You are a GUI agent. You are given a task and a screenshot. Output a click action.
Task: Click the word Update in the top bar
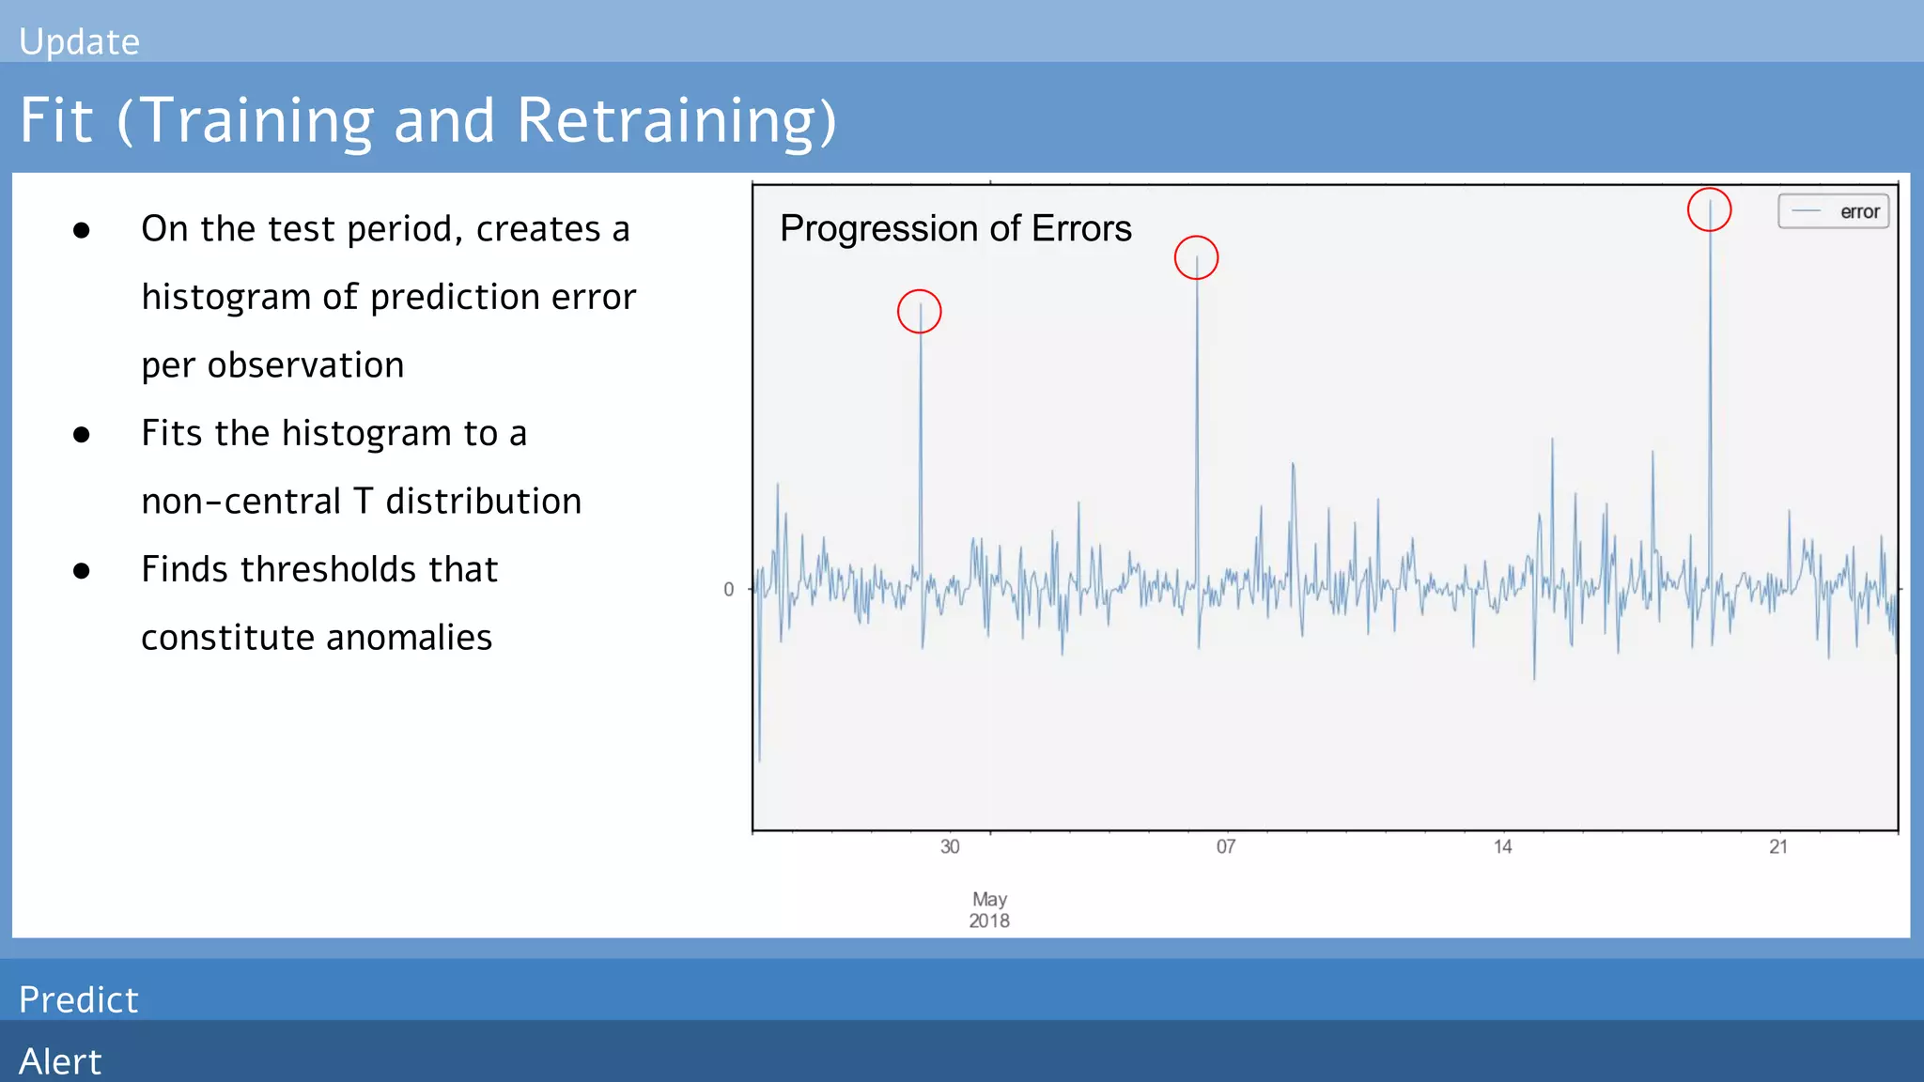[79, 42]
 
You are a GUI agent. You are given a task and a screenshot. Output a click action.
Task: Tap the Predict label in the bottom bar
[79, 1000]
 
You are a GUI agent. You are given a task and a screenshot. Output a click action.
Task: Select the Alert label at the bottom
[60, 1061]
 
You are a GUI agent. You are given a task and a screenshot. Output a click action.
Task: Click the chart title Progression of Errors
[955, 229]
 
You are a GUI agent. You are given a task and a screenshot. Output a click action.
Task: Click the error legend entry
[1834, 211]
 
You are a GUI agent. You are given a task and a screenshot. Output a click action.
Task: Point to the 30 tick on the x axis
[950, 847]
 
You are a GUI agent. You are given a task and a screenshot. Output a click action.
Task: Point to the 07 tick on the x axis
[1225, 847]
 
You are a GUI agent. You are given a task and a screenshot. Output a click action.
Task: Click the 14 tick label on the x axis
[1502, 847]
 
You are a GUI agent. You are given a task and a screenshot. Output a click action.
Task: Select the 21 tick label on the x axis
[1777, 847]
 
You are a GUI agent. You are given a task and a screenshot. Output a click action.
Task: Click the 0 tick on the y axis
[728, 590]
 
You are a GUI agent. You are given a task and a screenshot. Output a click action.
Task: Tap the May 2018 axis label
[989, 910]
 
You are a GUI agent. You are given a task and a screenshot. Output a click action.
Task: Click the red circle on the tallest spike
[1709, 209]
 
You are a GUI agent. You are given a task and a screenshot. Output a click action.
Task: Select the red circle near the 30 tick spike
[920, 312]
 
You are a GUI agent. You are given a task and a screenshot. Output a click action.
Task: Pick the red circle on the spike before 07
[1196, 257]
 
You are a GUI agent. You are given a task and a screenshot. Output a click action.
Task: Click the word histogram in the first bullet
[225, 298]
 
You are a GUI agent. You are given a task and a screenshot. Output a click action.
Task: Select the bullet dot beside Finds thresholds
[82, 570]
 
